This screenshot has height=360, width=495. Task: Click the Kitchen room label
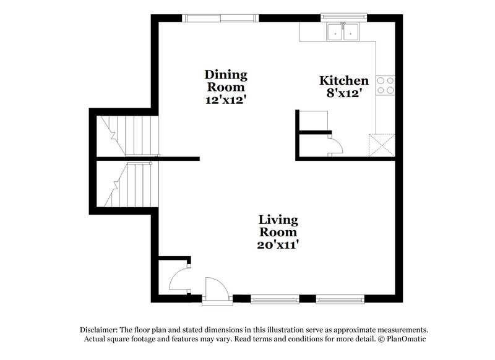point(344,80)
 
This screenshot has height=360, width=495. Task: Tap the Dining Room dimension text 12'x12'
point(226,99)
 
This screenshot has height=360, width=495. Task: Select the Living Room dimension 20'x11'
point(278,244)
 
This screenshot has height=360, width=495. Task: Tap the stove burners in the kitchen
point(387,85)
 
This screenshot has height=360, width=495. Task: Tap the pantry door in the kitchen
point(335,147)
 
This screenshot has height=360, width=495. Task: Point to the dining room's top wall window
point(221,17)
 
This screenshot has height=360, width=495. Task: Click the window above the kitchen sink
point(343,17)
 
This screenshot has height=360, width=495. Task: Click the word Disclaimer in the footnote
point(99,330)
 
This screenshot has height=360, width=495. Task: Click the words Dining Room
point(226,81)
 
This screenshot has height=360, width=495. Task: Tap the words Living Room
point(278,226)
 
